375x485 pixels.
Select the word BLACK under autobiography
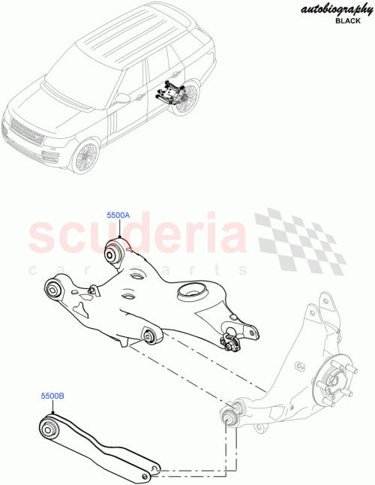pyautogui.click(x=347, y=23)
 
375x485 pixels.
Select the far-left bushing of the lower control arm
pyautogui.click(x=52, y=288)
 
